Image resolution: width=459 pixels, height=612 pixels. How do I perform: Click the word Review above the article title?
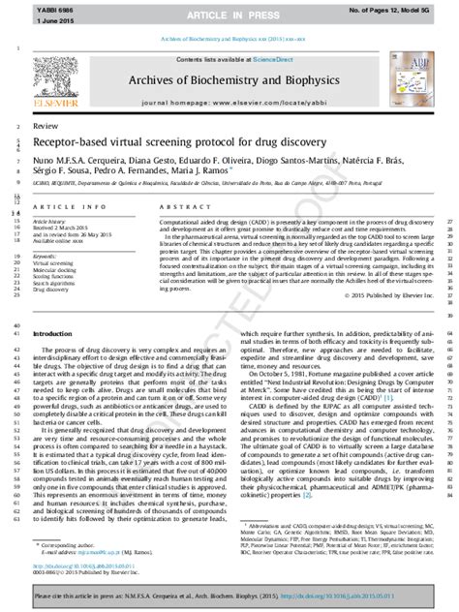44,127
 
